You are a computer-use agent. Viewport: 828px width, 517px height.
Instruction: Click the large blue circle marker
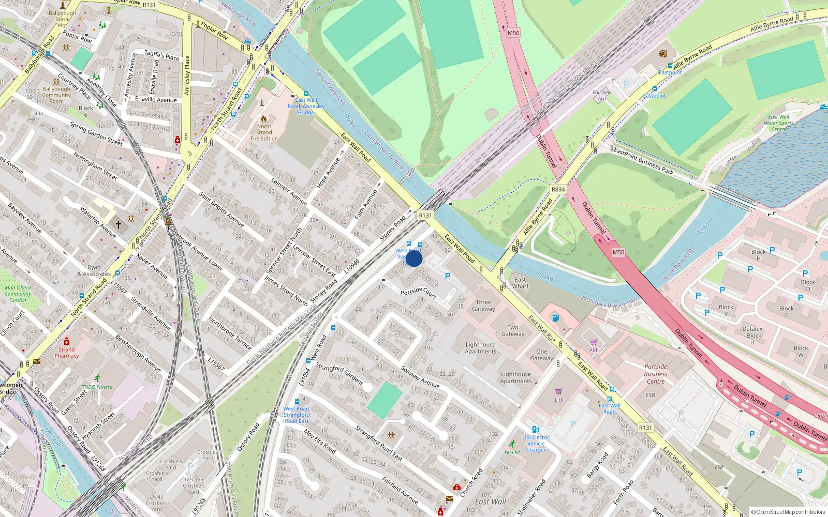414,258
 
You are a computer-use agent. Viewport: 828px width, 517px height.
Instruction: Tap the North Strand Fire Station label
264,132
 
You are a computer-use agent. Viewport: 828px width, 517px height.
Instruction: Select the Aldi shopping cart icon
594,342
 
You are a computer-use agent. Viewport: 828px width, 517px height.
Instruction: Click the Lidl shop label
559,400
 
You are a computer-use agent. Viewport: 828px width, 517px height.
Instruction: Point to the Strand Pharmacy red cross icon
67,342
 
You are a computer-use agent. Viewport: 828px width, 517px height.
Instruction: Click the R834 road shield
558,189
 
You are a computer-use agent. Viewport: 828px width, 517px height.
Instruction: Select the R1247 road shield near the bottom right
645,428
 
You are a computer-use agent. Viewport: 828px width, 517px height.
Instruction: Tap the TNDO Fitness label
97,387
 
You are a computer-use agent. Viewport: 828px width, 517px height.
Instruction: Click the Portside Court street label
418,292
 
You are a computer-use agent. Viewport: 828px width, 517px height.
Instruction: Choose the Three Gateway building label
483,306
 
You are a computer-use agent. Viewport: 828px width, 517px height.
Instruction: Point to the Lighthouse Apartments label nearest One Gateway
515,377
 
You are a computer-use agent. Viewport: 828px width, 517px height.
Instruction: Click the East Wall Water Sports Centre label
778,123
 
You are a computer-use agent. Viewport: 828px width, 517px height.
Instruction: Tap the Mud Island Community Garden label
18,294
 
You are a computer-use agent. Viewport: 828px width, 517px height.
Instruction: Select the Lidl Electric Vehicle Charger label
536,444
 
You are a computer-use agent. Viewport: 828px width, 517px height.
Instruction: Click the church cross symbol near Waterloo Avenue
119,224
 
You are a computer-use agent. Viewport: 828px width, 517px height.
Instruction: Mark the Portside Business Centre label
656,374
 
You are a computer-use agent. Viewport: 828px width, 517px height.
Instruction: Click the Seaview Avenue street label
420,378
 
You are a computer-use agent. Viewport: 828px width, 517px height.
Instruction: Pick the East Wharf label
520,283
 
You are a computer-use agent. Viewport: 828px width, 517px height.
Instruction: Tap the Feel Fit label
512,452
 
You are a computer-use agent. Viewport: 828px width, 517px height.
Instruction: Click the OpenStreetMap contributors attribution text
788,512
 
